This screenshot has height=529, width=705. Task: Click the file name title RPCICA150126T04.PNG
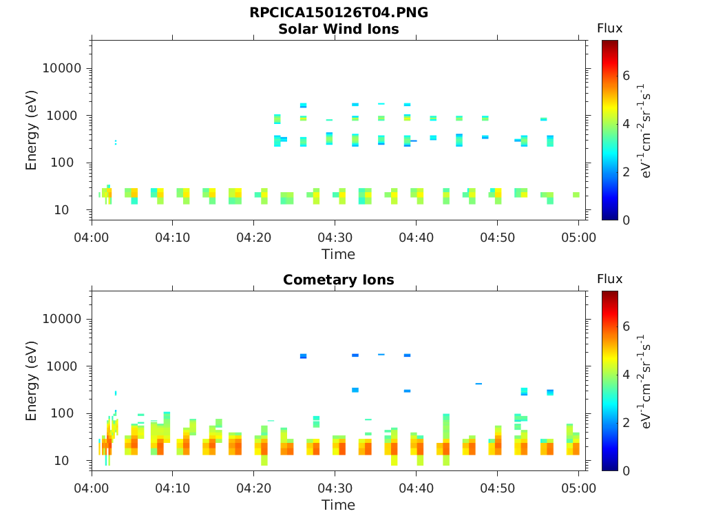(x=338, y=13)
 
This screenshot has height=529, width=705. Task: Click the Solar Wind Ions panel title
(x=338, y=29)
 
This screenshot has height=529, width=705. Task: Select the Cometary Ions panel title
(x=338, y=280)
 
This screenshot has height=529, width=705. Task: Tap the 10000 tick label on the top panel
(x=63, y=69)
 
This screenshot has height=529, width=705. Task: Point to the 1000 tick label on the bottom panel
(x=66, y=366)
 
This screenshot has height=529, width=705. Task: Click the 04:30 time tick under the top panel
(x=335, y=238)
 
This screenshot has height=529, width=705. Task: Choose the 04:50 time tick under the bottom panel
(x=498, y=488)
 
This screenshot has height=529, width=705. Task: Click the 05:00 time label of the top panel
(x=578, y=238)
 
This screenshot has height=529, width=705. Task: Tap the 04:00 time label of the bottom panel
(x=92, y=488)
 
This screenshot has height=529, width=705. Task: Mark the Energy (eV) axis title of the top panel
(x=32, y=130)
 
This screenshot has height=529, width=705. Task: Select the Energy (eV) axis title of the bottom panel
(x=32, y=381)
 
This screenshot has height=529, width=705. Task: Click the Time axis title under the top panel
(x=338, y=254)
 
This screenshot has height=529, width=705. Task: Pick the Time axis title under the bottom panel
(x=338, y=505)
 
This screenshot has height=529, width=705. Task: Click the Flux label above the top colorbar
(x=609, y=28)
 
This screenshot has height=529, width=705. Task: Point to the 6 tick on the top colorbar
(x=627, y=76)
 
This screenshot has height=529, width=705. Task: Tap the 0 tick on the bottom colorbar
(x=627, y=471)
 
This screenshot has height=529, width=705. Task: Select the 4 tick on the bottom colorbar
(x=627, y=375)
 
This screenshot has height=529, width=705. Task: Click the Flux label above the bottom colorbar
(x=609, y=279)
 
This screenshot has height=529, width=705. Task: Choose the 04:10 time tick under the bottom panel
(x=172, y=488)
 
